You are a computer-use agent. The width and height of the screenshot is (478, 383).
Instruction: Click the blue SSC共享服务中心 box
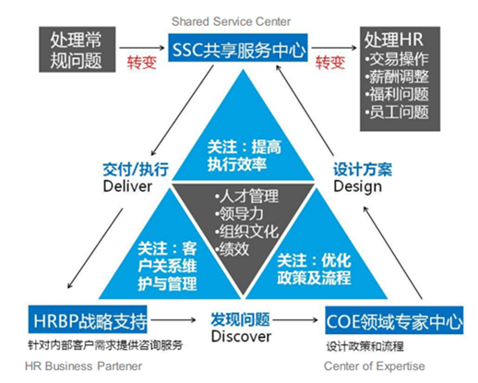pos(238,47)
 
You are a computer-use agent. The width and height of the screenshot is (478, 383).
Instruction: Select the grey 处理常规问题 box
pos(78,49)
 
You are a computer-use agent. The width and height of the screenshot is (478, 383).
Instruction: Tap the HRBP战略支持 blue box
pos(88,319)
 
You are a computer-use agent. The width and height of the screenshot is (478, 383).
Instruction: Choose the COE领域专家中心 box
pos(394,320)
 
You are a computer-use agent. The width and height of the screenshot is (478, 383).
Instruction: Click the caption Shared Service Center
pos(231,21)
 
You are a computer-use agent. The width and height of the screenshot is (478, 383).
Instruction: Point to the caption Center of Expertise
pos(374,366)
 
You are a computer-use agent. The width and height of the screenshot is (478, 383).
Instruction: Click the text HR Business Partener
pos(83,366)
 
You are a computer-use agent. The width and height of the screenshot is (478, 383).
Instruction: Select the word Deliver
pos(127,186)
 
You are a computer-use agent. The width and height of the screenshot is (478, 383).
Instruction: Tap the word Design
pos(358,186)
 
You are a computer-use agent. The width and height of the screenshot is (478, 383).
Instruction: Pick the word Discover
pos(241,336)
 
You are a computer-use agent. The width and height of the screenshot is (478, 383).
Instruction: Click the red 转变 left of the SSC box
pos(142,63)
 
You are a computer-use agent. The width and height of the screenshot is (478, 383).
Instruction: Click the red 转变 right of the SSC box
pos(330,63)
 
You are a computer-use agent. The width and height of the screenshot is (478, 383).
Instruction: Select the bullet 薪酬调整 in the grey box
pos(397,77)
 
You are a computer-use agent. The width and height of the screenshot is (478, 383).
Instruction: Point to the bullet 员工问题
pos(397,112)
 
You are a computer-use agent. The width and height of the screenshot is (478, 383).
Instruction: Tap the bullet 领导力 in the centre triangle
pos(239,214)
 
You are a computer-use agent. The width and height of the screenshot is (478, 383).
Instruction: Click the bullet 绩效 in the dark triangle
pos(233,249)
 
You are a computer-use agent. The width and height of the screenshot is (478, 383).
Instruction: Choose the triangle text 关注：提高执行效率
pos(245,155)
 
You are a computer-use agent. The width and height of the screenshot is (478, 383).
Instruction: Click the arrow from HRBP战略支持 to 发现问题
pos(173,320)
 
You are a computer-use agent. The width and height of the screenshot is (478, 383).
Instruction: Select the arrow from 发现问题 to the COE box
pos(295,320)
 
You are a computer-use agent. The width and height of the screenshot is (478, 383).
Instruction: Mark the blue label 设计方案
pos(363,170)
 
